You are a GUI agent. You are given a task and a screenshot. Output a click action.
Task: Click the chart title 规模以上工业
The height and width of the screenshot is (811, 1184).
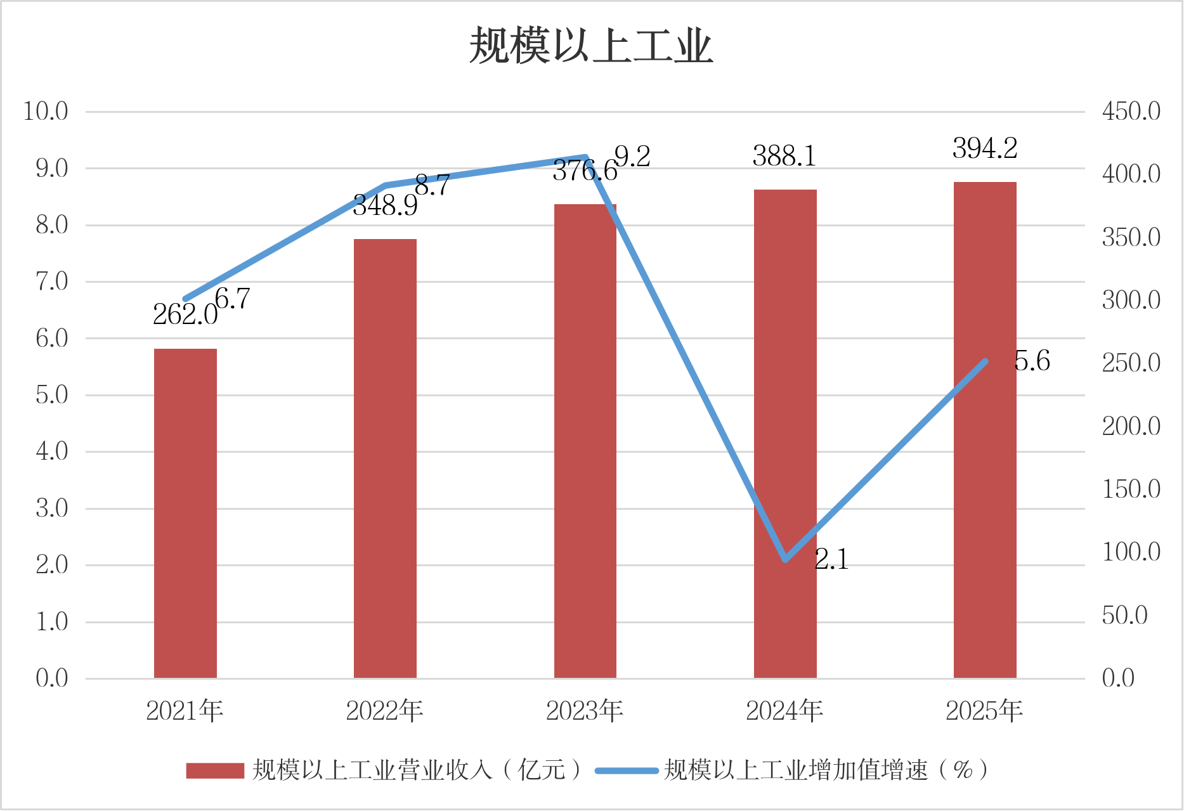coord(591,46)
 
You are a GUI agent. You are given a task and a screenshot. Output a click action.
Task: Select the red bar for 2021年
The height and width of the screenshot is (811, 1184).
coord(185,514)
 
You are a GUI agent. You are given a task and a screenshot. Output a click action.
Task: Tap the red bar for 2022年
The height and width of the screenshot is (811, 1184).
coord(385,458)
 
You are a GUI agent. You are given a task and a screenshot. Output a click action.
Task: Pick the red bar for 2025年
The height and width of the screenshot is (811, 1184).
coord(985,430)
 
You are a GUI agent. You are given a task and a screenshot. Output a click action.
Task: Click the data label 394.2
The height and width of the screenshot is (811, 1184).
coord(985,149)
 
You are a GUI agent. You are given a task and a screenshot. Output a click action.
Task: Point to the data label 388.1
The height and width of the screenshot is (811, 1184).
coord(784,156)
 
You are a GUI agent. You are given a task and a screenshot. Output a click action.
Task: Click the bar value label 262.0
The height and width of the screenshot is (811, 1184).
coord(185,315)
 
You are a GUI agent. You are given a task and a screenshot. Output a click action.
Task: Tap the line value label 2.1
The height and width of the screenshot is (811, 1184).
coord(831,559)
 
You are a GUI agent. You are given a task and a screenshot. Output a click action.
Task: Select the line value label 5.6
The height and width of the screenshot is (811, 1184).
coord(1032,361)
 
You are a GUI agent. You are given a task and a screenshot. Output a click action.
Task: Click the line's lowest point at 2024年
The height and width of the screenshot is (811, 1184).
coord(786,559)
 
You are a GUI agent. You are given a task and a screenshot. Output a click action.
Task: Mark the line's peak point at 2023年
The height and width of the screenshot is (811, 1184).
coord(585,157)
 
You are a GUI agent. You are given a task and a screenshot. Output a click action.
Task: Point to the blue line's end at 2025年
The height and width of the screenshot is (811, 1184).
coord(986,361)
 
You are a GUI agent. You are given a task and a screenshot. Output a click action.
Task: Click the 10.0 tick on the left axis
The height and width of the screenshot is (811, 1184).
coord(46,112)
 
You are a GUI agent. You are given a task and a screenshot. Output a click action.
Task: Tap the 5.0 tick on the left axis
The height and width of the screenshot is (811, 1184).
coord(52,395)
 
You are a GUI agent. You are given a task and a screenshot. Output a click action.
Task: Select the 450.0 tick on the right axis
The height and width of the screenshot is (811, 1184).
coord(1131,112)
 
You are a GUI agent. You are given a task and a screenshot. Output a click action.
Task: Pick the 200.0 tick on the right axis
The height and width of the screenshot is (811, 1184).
coord(1131,426)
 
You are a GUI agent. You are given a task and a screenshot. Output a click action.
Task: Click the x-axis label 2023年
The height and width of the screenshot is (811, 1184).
coord(585,711)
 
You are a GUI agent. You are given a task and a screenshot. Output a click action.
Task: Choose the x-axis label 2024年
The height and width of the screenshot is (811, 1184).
coord(784,711)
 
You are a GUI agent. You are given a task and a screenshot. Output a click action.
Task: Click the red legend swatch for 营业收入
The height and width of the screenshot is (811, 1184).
coord(215,770)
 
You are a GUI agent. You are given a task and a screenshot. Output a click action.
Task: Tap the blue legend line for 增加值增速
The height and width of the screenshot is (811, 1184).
coord(627,770)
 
